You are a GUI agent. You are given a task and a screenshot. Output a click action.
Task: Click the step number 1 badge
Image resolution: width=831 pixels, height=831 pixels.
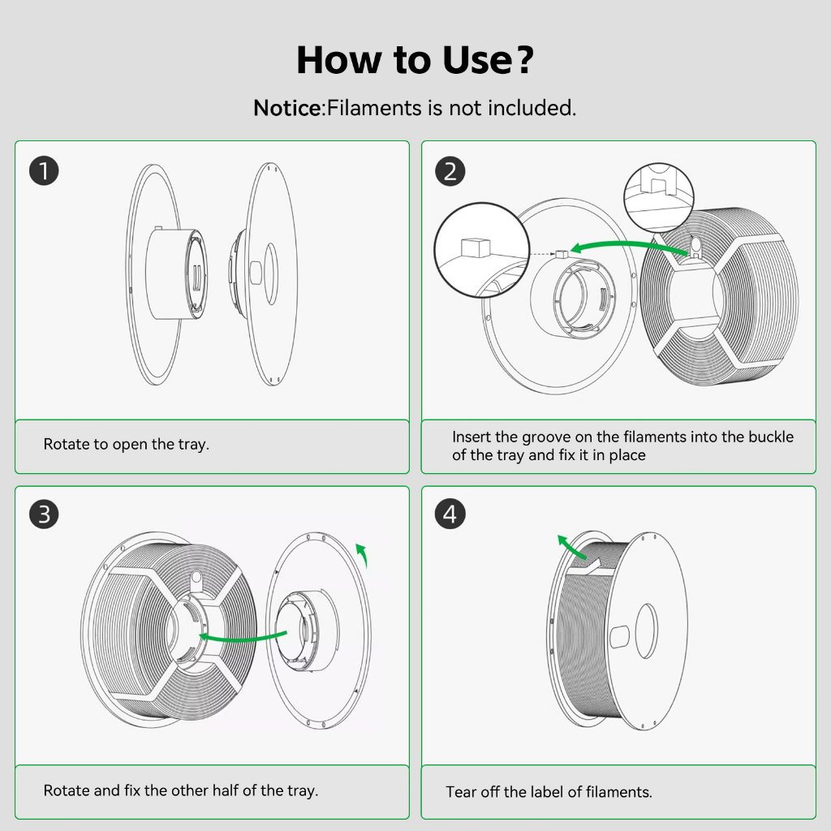[x=44, y=170]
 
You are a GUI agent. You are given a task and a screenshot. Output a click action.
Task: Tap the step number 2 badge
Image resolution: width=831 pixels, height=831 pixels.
[x=450, y=170]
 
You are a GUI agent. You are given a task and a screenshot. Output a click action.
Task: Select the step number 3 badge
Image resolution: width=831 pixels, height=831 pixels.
[x=44, y=514]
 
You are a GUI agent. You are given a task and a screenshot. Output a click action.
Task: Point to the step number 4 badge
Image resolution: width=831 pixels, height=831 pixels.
[x=450, y=514]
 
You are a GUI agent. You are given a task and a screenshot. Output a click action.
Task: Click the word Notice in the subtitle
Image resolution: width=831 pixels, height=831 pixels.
[x=286, y=108]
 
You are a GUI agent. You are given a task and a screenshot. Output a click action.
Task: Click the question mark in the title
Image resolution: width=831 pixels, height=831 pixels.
[x=523, y=59]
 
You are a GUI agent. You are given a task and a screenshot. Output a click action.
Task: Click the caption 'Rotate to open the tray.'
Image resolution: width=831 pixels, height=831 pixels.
[x=126, y=444]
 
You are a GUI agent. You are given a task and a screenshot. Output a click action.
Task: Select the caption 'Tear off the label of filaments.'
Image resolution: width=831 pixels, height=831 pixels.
[x=549, y=792]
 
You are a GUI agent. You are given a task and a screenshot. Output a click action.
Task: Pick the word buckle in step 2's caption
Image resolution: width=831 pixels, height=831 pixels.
[x=771, y=437]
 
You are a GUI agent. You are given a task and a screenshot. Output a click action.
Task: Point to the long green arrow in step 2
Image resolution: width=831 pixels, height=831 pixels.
[x=627, y=247]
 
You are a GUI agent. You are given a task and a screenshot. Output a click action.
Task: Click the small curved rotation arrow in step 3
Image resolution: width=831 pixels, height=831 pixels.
[x=363, y=553]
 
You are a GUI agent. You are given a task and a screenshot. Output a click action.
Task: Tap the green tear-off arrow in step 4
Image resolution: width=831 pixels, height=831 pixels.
[x=572, y=547]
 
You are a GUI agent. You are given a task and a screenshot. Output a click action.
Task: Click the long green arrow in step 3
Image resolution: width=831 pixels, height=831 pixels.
[x=242, y=637]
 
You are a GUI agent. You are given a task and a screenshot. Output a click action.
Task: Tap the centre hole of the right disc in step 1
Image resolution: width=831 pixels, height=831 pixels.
[x=271, y=274]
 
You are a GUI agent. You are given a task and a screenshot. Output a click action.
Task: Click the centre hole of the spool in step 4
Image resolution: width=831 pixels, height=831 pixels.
[x=647, y=631]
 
